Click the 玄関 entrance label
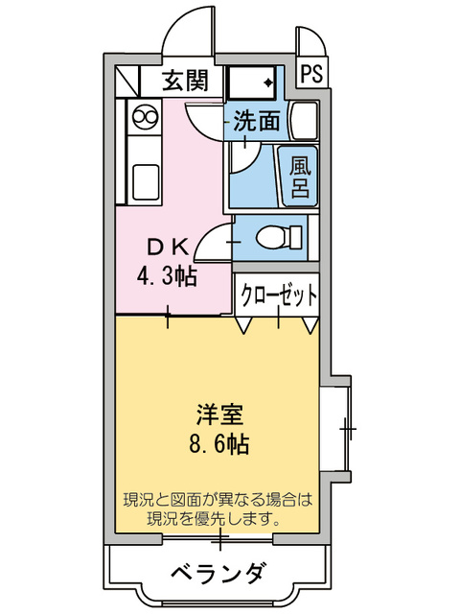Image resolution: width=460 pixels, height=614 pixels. point(184,81)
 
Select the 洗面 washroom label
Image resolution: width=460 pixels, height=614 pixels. point(258,122)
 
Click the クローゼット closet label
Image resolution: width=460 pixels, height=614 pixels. point(278,295)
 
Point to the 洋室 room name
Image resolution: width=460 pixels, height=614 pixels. point(219,414)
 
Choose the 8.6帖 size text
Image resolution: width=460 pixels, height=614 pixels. point(219,445)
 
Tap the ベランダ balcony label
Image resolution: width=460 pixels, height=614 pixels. point(218,575)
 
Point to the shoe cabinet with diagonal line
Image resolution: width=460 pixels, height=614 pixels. point(127,81)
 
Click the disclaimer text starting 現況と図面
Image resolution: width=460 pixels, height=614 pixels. point(218,509)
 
